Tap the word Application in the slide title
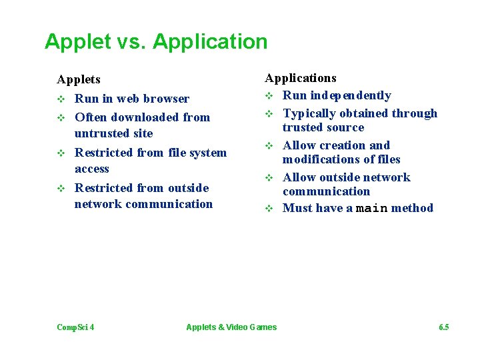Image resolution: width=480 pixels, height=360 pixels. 210,42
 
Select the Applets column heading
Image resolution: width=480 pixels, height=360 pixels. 79,79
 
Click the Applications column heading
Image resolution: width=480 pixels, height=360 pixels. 301,79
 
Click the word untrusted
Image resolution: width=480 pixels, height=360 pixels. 104,133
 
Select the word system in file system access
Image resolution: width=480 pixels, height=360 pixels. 208,153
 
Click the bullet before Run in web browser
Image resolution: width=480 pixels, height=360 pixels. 61,99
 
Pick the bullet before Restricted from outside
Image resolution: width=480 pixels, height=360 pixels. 61,189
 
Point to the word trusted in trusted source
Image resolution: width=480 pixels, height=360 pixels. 301,127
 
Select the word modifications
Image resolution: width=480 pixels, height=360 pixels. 318,159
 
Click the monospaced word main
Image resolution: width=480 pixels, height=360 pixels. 372,208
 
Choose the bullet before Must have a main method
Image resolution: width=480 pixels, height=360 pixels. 269,209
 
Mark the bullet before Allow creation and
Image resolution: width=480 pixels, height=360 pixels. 269,146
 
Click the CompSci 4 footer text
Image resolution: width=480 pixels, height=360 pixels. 75,327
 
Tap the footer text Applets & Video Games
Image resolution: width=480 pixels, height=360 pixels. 231,327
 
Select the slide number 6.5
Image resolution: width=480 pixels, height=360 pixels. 444,327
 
